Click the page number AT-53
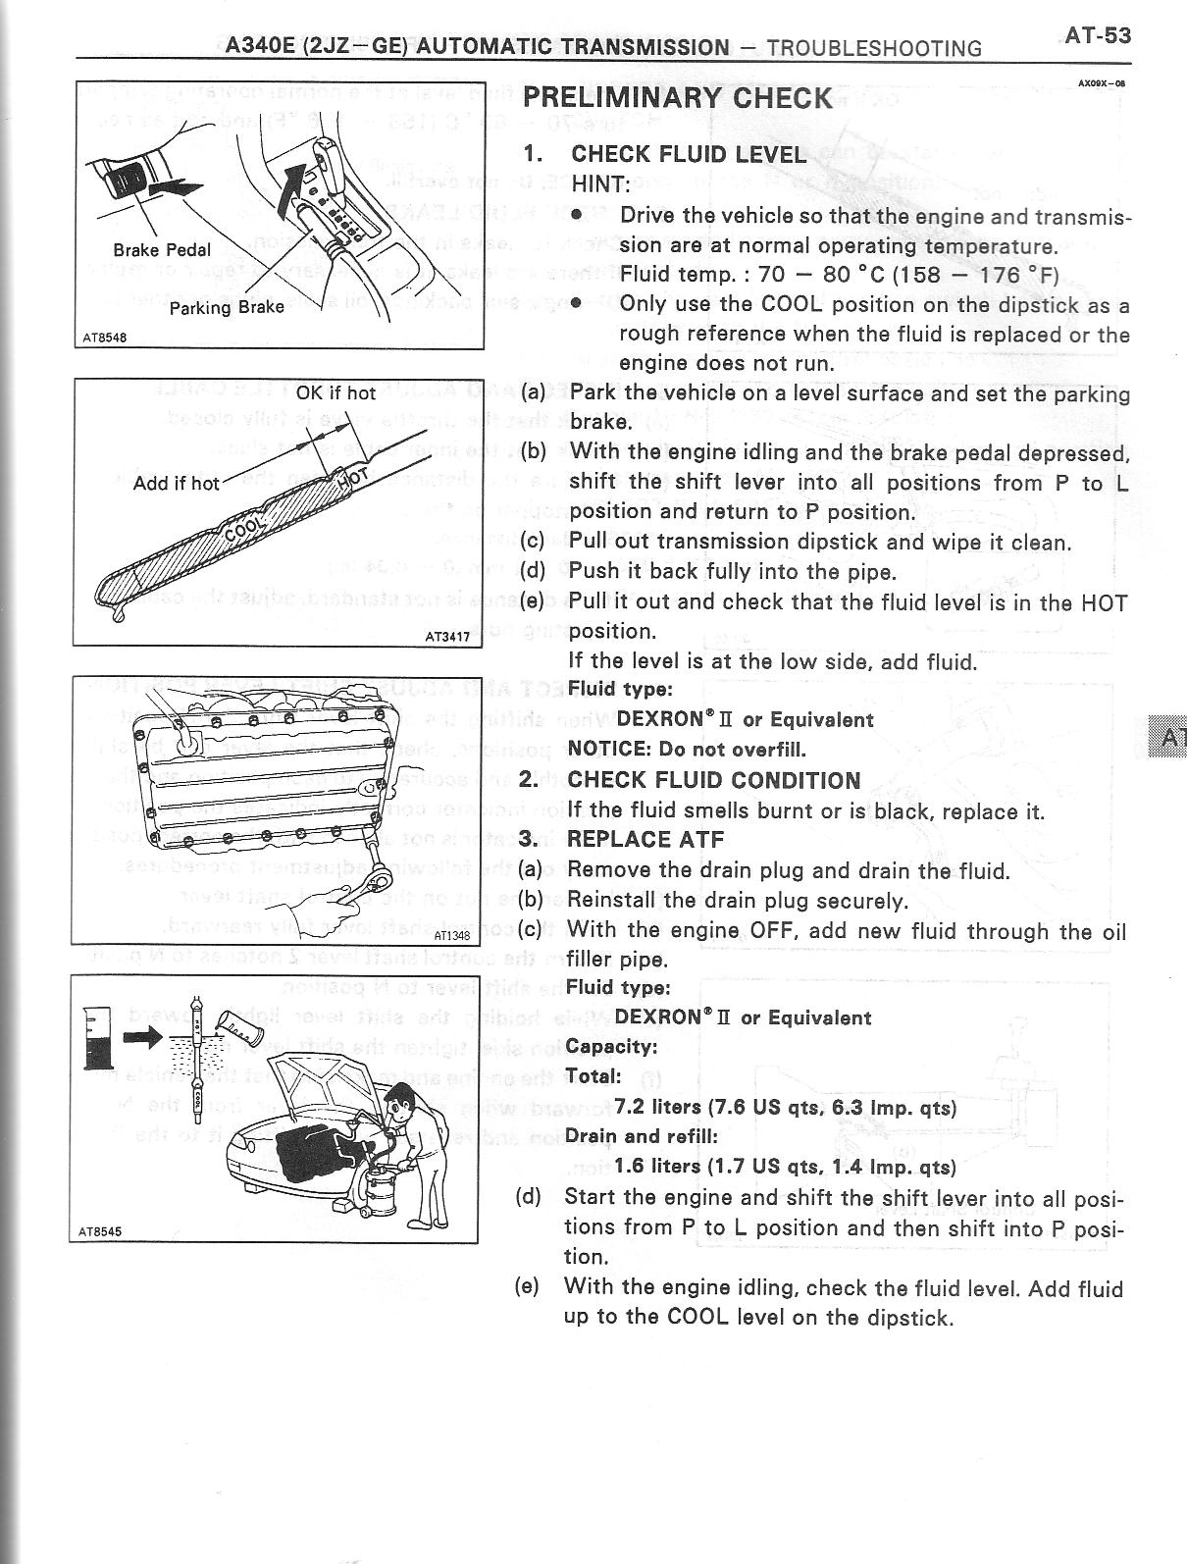pos(1098,36)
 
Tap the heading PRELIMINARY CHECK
pos(677,97)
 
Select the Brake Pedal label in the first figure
pos(162,249)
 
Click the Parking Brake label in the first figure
pos(227,306)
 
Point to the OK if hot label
pos(335,392)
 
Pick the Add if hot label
pos(177,483)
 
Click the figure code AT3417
pos(447,637)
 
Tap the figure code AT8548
pos(103,337)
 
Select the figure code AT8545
pos(102,1231)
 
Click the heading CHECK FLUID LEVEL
pos(689,154)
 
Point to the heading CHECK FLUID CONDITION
pos(713,780)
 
